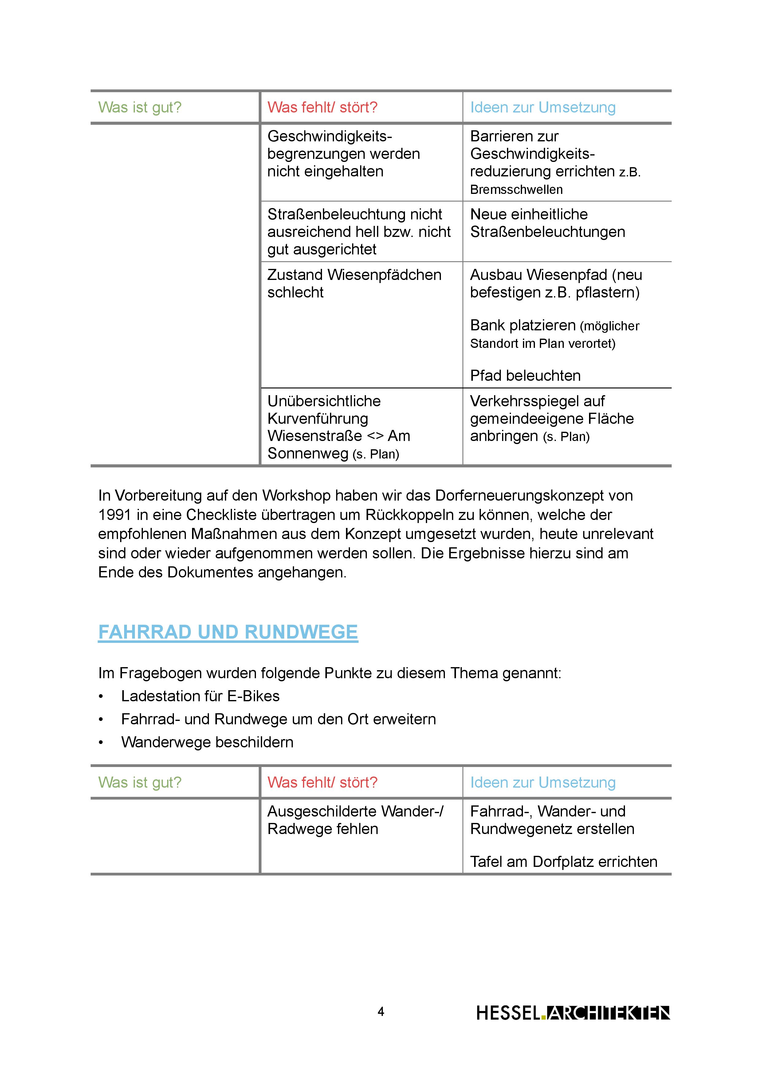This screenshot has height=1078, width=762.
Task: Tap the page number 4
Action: tap(381, 1011)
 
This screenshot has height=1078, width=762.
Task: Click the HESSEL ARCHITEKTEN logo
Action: tap(573, 1013)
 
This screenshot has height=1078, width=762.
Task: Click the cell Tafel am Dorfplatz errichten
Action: tap(564, 862)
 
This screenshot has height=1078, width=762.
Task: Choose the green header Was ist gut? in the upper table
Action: tap(139, 108)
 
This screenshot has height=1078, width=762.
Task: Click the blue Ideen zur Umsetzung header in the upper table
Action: tap(542, 108)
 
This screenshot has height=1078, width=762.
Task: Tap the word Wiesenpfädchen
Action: tap(384, 275)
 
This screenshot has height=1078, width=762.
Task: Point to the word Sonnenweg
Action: tap(308, 454)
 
